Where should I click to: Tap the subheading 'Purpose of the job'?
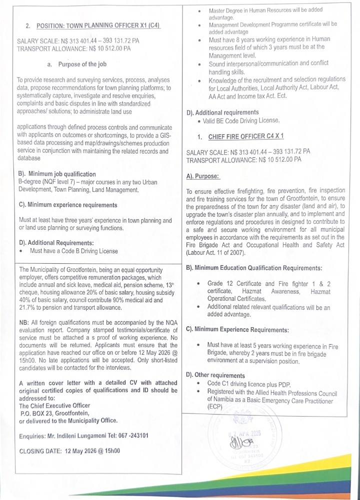click(x=82, y=64)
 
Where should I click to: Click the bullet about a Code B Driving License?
click(x=73, y=251)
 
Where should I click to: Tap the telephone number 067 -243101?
click(x=131, y=436)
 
